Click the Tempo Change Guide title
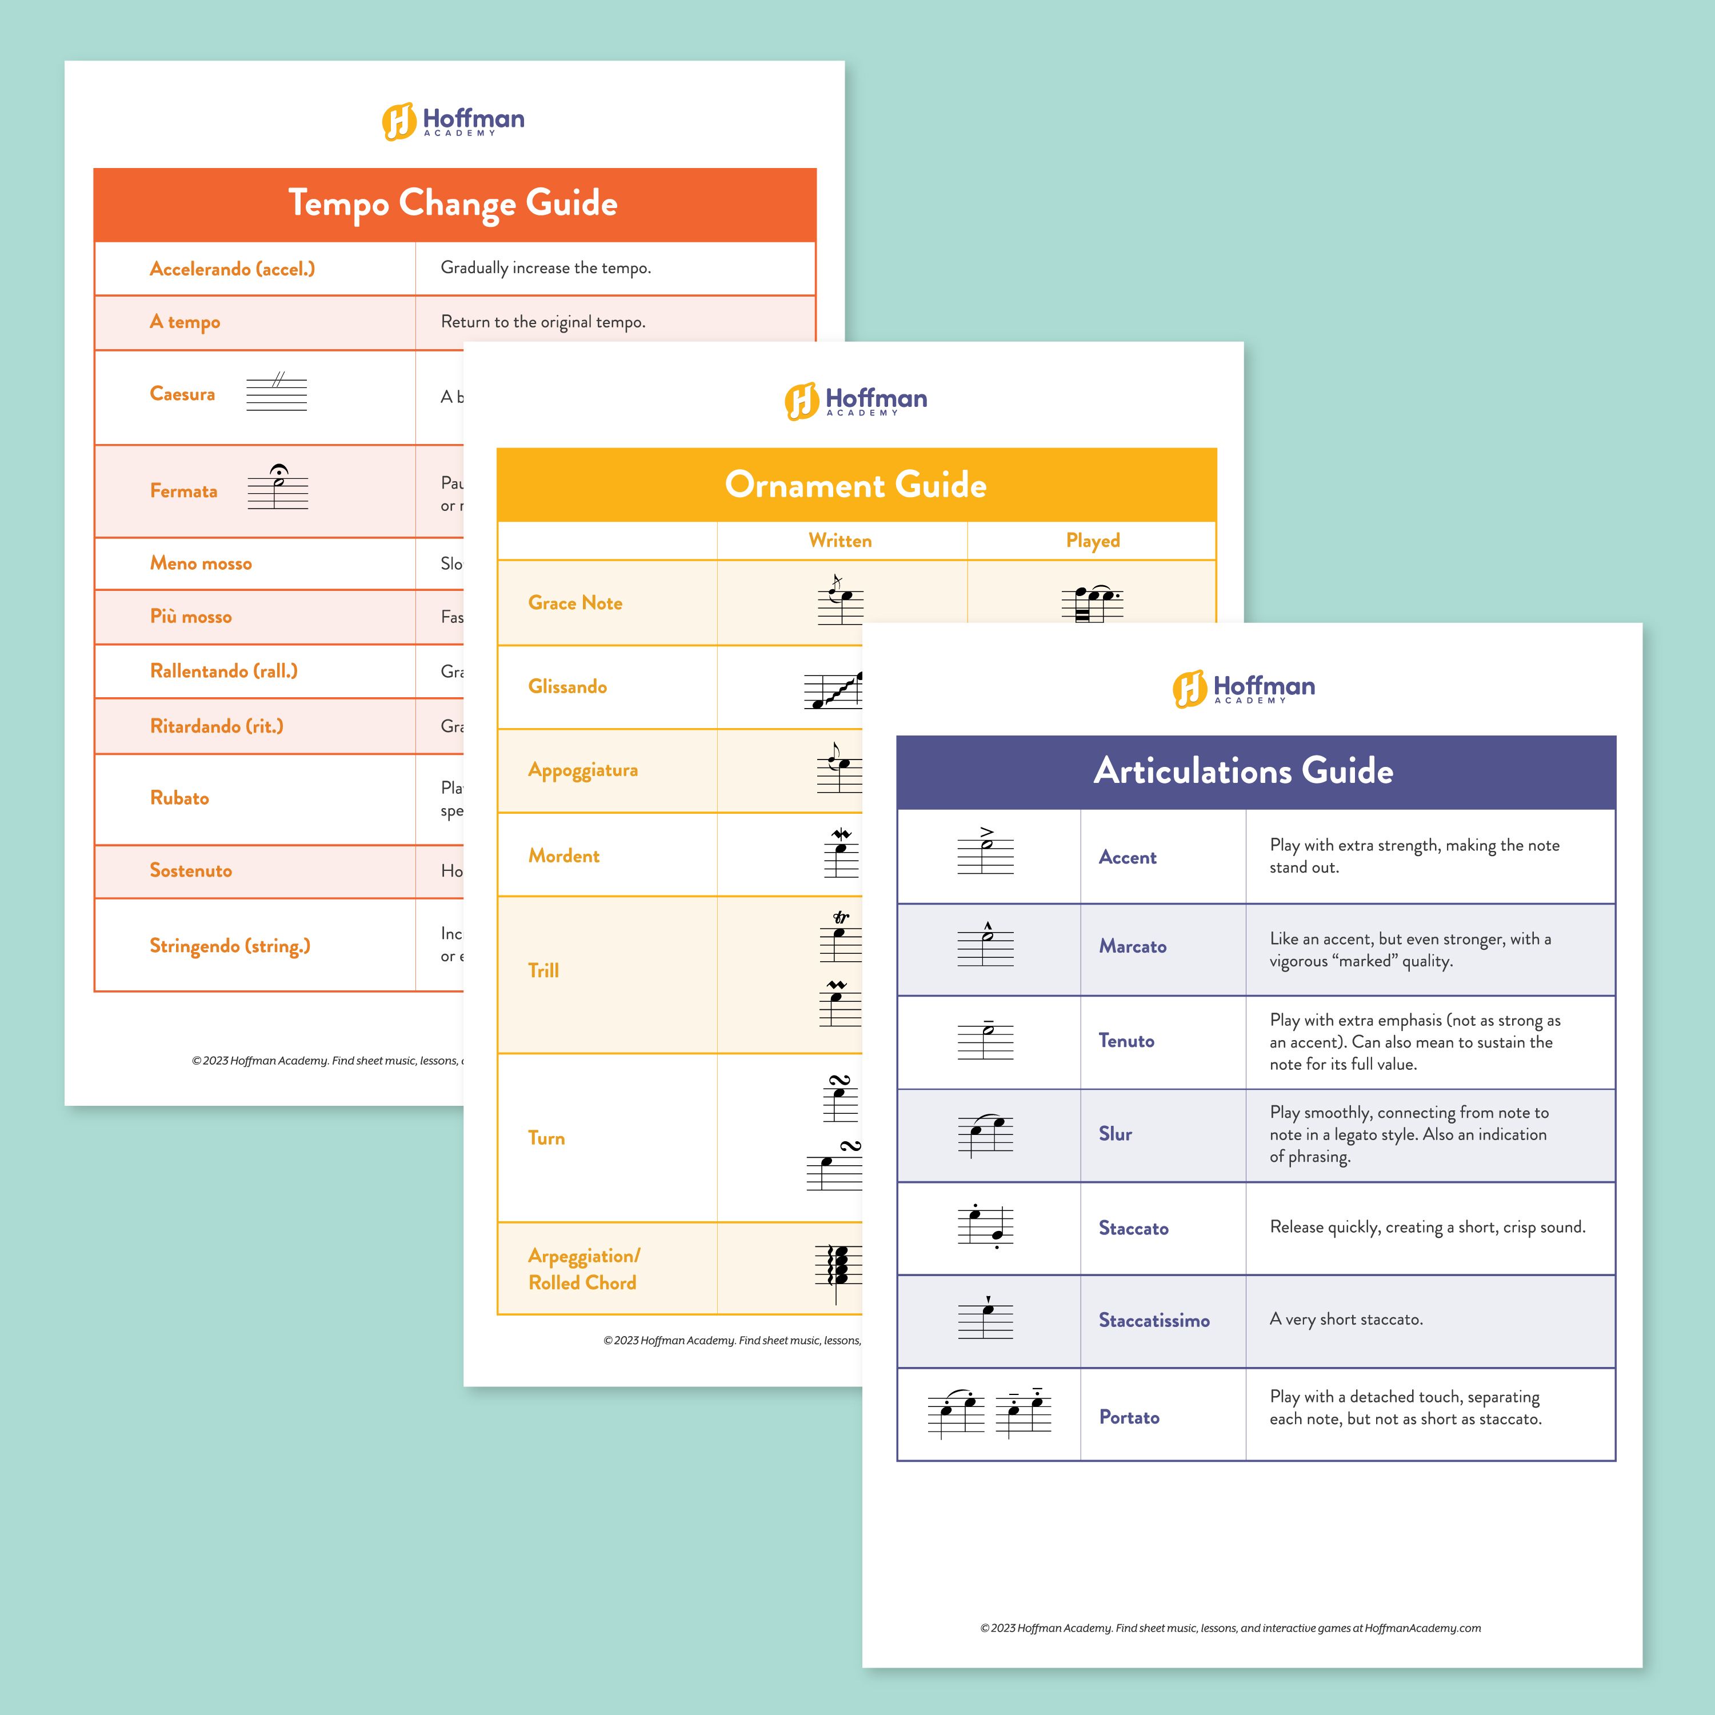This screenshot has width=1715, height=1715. click(x=453, y=203)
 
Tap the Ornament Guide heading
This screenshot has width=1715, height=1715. click(x=855, y=485)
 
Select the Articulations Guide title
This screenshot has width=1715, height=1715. click(x=1243, y=770)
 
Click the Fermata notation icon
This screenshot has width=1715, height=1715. click(x=278, y=487)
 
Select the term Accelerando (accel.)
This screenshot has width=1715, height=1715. click(x=231, y=269)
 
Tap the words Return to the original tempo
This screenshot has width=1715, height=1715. click(x=542, y=322)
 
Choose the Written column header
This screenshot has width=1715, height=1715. click(x=839, y=541)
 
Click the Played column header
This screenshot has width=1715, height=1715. click(x=1092, y=541)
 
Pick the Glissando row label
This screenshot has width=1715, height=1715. click(x=567, y=686)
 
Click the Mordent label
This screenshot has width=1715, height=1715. click(x=563, y=855)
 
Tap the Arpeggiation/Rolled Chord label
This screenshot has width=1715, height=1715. click(x=583, y=1269)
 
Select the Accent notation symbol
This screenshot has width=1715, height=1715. click(x=985, y=850)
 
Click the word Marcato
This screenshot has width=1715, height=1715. click(x=1132, y=946)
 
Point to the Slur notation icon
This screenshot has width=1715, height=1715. click(x=985, y=1134)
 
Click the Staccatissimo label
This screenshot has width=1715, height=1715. click(x=1153, y=1321)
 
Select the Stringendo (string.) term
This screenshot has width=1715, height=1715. click(x=230, y=946)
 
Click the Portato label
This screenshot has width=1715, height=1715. click(x=1128, y=1418)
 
